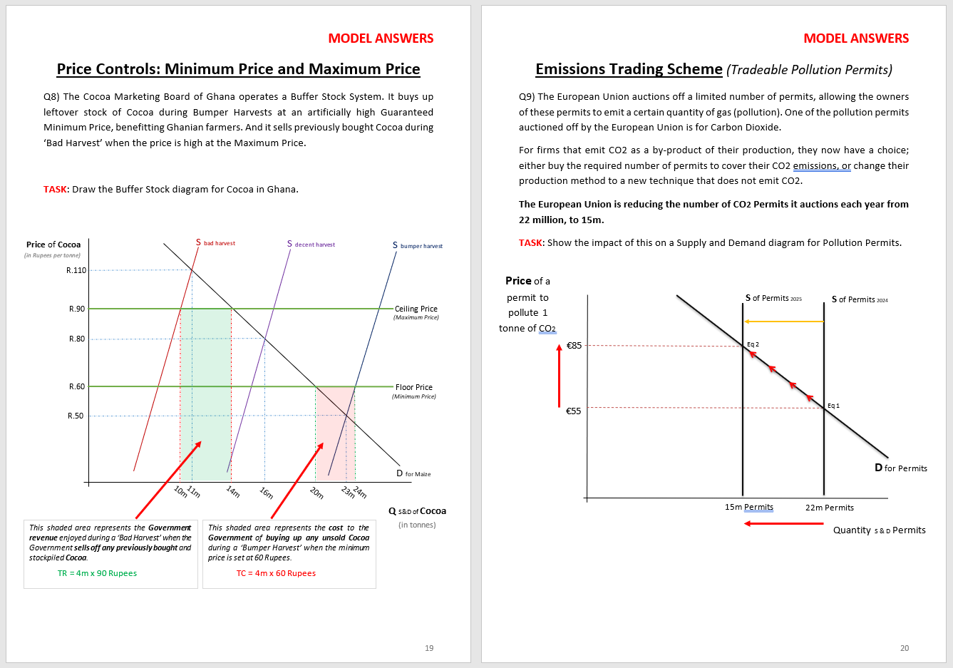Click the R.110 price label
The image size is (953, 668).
click(76, 270)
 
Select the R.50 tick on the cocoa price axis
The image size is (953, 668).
click(76, 416)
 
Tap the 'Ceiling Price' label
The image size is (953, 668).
click(416, 309)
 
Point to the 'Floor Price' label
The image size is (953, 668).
click(414, 387)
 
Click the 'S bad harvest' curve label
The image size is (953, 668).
click(215, 243)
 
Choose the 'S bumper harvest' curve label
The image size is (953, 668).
click(418, 245)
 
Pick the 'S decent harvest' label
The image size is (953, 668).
click(311, 244)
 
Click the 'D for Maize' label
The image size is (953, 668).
click(413, 473)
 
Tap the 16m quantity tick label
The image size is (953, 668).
click(267, 493)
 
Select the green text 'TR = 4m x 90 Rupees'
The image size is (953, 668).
click(97, 573)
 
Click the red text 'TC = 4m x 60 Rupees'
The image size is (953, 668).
click(276, 573)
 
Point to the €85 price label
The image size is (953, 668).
click(574, 346)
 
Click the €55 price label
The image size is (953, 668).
click(574, 411)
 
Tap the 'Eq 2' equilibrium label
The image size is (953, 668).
click(753, 344)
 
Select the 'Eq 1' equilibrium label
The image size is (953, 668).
click(833, 406)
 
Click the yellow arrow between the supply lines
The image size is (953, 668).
click(783, 322)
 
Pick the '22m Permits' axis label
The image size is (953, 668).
click(830, 508)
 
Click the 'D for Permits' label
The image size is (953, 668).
click(901, 468)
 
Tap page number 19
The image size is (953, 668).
click(429, 648)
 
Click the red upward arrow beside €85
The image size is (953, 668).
click(559, 376)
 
